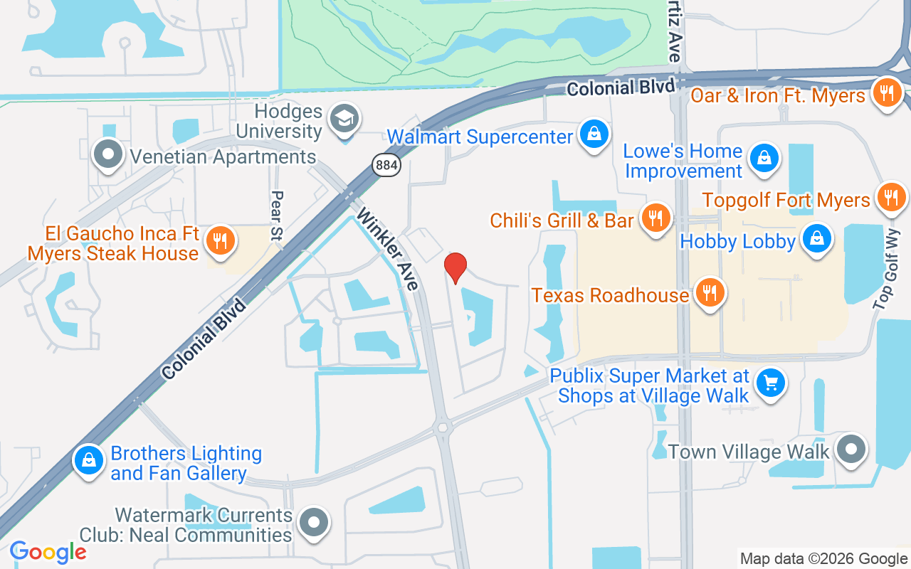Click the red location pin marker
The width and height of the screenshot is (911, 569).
[x=455, y=268]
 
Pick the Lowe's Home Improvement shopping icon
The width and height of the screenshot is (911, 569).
[x=764, y=157]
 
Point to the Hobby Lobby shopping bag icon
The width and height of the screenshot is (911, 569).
[x=817, y=238]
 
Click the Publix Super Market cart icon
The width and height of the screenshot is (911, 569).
[x=770, y=383]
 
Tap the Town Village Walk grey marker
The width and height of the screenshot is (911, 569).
[x=851, y=449]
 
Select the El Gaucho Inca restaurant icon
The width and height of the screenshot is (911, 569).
[x=221, y=240]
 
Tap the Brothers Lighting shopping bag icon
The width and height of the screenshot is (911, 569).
[x=89, y=460]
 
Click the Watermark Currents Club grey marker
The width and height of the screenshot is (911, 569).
[x=312, y=523]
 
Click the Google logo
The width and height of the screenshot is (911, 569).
[x=48, y=551]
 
